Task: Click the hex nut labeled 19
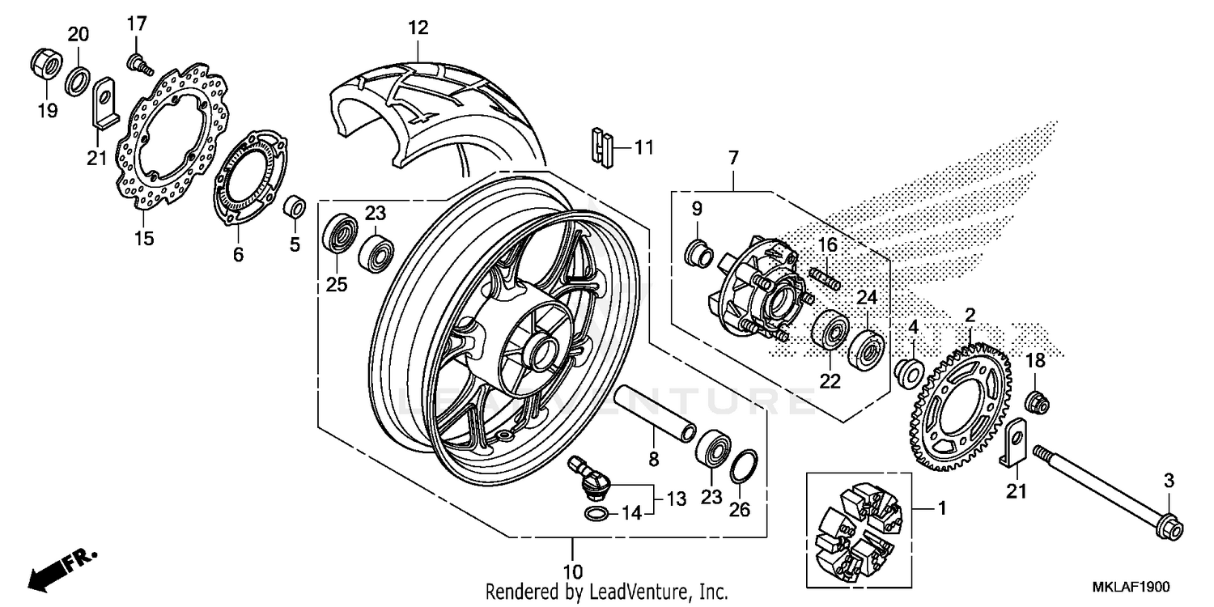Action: point(46,65)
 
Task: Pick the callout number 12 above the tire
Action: point(417,28)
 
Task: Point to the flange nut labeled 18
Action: point(1036,400)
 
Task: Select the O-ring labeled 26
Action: point(745,468)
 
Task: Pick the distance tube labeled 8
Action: point(653,413)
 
